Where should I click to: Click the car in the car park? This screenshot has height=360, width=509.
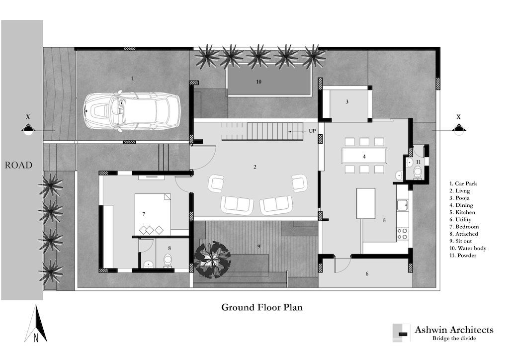tap(132, 111)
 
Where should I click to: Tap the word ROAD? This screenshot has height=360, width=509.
tap(18, 165)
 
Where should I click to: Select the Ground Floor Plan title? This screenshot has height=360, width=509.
tap(261, 307)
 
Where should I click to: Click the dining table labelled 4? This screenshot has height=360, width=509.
tap(364, 156)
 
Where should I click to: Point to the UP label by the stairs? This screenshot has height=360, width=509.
tap(312, 131)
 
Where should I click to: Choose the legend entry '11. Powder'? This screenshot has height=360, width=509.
tap(463, 256)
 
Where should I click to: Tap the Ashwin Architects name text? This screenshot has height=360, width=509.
tap(454, 330)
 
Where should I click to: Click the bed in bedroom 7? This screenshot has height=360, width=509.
tap(153, 214)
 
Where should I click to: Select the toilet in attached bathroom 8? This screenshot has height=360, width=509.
tap(168, 261)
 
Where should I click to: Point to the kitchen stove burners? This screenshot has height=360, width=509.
tap(402, 234)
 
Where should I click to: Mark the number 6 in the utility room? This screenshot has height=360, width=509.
tap(367, 274)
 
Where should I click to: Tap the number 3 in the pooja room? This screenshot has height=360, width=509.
tap(346, 101)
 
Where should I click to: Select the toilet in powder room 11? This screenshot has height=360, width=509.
tap(418, 172)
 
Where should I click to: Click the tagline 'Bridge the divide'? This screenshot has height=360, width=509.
tap(454, 338)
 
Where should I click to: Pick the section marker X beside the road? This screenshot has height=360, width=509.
tap(28, 117)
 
